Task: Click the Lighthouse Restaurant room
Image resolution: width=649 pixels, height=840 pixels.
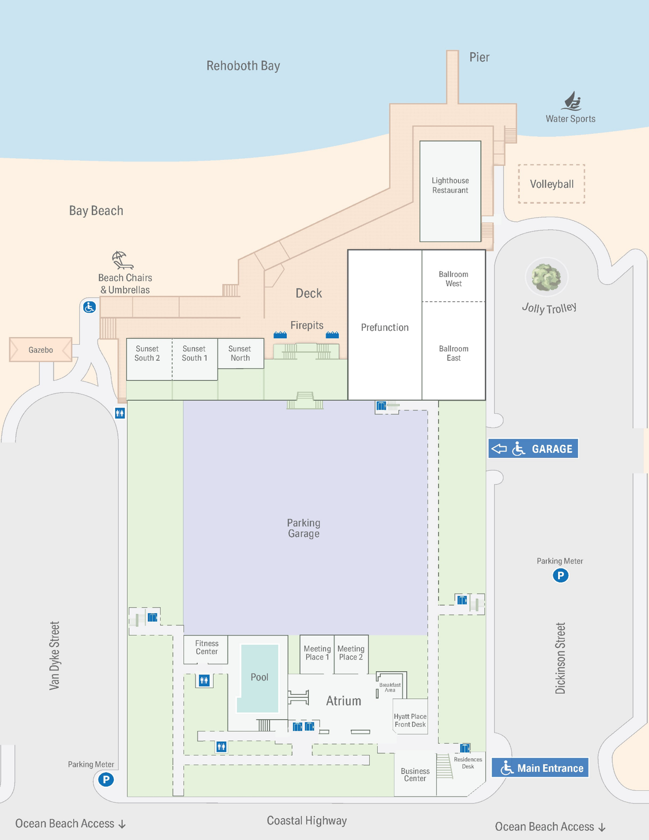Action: click(x=450, y=191)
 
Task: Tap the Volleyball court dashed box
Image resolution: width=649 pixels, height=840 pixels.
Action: click(x=551, y=184)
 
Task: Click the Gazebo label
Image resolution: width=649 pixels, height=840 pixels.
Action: click(x=40, y=350)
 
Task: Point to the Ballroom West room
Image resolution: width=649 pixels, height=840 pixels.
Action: click(x=453, y=278)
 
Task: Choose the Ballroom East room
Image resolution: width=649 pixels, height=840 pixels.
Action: click(x=453, y=353)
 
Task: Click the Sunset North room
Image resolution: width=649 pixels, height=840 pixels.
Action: click(x=240, y=353)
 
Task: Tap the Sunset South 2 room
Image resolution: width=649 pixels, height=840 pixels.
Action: click(x=147, y=357)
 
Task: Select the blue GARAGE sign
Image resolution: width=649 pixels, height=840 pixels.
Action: click(x=533, y=449)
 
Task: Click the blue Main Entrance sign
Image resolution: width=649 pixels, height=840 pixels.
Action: click(x=540, y=768)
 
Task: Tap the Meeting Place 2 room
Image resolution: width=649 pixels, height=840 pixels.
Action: click(x=351, y=653)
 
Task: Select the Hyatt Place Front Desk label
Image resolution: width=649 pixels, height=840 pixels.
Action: click(x=410, y=721)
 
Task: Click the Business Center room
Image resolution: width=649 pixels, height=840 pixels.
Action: click(x=415, y=775)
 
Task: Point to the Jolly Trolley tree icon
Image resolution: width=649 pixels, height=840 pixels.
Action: click(x=546, y=277)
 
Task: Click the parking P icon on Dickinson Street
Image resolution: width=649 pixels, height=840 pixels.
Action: click(x=560, y=575)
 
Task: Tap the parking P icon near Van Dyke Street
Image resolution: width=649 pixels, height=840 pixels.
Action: click(x=106, y=780)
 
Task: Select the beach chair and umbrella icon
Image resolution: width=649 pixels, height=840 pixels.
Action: click(x=122, y=260)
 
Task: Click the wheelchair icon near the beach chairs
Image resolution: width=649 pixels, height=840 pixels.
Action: click(x=89, y=307)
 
